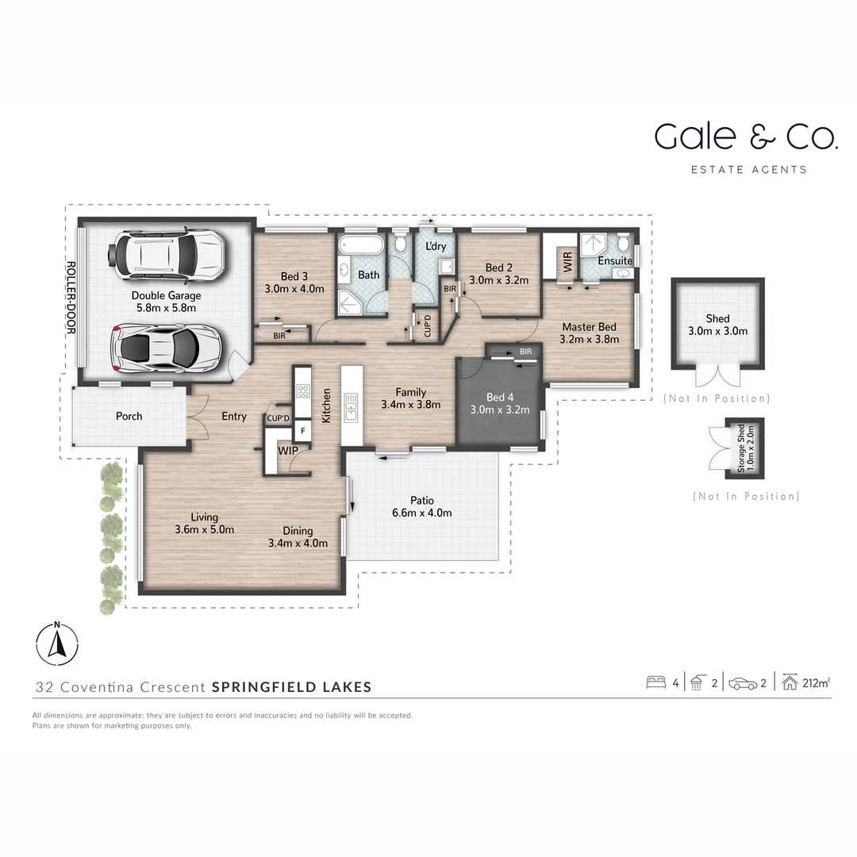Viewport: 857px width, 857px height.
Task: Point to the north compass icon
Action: click(57, 643)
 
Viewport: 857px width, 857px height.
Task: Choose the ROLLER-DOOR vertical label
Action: click(71, 298)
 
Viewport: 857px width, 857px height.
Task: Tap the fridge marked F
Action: click(302, 432)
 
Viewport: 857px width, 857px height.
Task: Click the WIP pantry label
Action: click(287, 451)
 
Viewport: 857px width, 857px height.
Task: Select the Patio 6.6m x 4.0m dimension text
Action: click(421, 513)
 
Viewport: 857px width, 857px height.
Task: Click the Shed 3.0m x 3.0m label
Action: click(717, 325)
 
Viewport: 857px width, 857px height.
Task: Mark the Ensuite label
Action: click(615, 260)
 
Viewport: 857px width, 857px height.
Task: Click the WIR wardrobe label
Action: click(567, 262)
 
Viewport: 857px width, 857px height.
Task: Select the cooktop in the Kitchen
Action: click(302, 390)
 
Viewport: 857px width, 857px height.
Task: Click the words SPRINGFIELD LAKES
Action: click(292, 687)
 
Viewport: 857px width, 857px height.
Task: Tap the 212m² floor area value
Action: click(816, 682)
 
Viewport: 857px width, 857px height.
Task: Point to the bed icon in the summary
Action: click(655, 682)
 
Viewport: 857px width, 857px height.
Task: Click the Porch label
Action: click(129, 416)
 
